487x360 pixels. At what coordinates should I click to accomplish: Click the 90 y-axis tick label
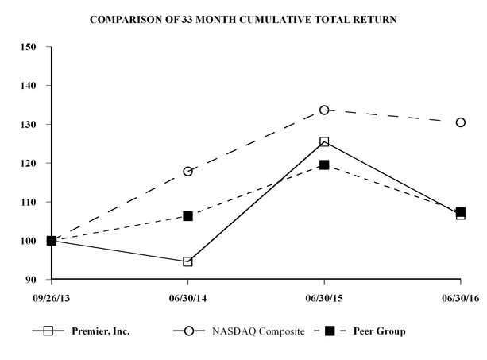[x=33, y=281]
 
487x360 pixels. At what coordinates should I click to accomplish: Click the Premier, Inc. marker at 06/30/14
[x=187, y=261]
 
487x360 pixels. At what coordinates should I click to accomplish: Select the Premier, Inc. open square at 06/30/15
[x=324, y=141]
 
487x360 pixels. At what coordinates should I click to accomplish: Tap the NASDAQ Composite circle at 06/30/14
[x=187, y=172]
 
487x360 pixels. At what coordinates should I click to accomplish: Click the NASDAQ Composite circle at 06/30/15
[x=324, y=110]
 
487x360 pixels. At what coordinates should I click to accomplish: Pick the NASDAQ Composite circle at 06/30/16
[x=461, y=122]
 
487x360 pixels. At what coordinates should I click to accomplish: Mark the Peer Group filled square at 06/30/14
[x=187, y=216]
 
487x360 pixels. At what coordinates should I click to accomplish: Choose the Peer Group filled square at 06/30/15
[x=324, y=165]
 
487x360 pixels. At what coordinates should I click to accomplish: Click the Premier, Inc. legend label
[x=101, y=331]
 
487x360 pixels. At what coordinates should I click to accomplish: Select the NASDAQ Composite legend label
[x=257, y=331]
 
